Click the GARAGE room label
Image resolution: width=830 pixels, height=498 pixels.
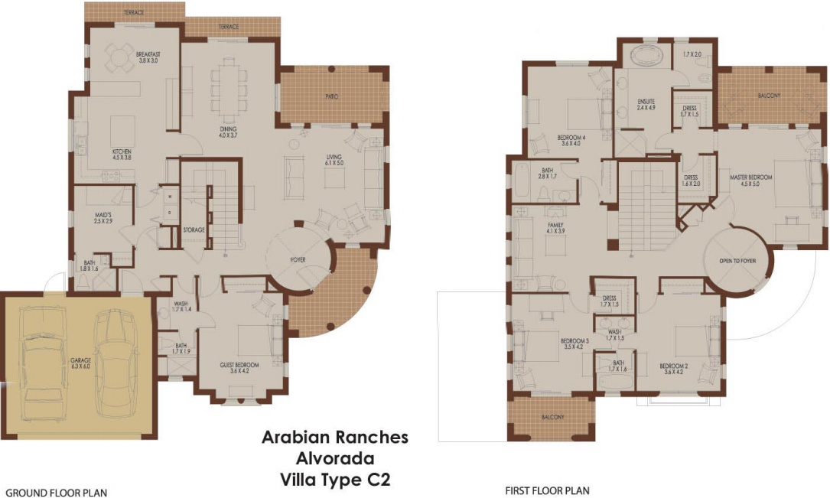(x=82, y=362)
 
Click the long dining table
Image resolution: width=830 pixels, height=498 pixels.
(x=229, y=84)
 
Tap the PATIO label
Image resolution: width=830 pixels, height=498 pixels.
(x=331, y=96)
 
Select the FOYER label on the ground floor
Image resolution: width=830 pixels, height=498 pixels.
(x=298, y=260)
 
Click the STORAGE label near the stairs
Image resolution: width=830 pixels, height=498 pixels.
(x=194, y=229)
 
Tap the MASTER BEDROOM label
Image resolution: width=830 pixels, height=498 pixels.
(x=750, y=177)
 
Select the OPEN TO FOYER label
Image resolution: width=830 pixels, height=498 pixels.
(x=737, y=261)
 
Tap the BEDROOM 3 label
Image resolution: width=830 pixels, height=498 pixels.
(x=574, y=340)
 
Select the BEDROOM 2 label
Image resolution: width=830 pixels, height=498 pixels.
(x=673, y=366)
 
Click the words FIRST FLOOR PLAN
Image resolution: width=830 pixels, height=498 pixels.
(x=547, y=491)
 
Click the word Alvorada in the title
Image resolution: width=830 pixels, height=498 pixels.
(x=335, y=459)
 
